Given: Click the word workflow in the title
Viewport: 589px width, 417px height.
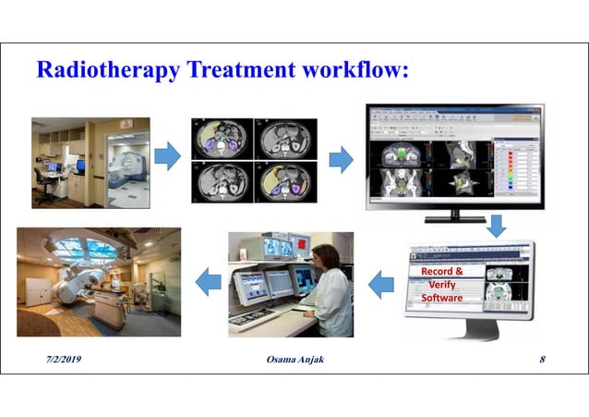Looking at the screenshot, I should coord(355,70).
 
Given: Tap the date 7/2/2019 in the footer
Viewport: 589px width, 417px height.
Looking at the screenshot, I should coord(60,359).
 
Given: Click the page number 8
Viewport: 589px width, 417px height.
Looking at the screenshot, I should coord(542,359).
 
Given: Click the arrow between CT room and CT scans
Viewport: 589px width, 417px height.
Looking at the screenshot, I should coord(167,157).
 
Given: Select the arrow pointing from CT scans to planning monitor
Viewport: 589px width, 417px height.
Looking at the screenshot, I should coord(341,159).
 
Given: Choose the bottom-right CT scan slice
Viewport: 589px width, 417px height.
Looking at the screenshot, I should coord(284,181).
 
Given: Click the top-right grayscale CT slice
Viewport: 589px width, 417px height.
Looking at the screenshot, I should coord(284,139).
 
